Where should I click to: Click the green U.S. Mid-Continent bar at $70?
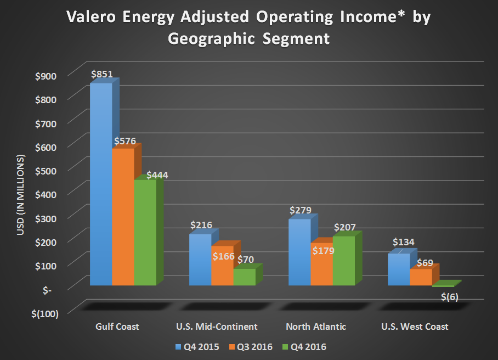pos(244,277)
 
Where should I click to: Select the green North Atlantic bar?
pos(343,260)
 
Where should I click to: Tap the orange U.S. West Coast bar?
pos(421,277)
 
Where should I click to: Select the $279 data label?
pos(301,210)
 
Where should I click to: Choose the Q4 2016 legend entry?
pos(309,346)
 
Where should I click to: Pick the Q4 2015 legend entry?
pos(197,346)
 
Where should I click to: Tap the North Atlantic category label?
pos(316,327)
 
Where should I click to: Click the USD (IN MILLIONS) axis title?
pos(21,195)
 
